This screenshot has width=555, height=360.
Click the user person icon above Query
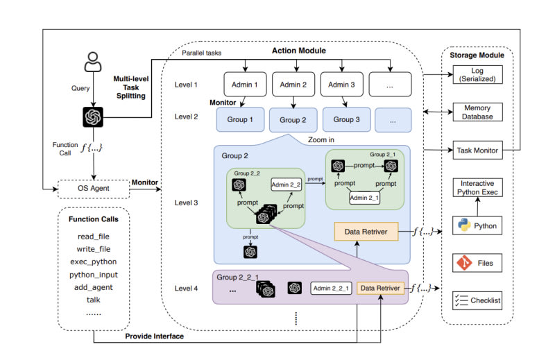[92, 62]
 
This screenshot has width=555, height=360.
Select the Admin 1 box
[245, 85]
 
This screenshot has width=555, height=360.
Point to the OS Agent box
[93, 187]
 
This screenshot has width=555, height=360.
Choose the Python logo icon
[463, 226]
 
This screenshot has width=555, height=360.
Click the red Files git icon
[463, 264]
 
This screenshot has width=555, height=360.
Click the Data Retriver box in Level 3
[366, 232]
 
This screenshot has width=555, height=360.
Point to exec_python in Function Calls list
[93, 262]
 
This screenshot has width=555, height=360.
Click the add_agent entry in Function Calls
[93, 286]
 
